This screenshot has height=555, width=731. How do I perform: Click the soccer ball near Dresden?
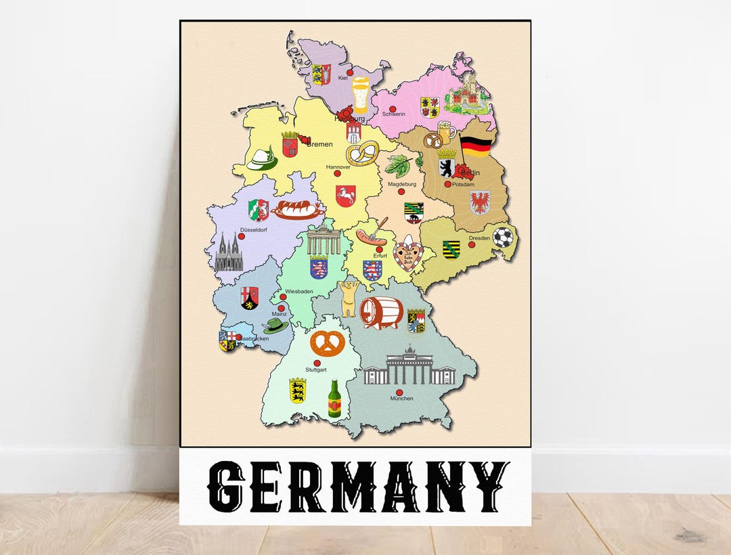(x=503, y=237)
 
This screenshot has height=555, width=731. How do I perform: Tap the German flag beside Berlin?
(x=475, y=146)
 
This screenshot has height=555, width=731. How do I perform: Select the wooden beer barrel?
(x=381, y=313)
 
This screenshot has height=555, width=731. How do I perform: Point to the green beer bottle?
(x=334, y=399)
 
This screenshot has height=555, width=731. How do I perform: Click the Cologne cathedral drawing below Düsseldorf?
(x=228, y=252)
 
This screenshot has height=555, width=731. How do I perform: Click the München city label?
(x=401, y=399)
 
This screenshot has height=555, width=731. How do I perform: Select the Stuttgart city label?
(x=316, y=370)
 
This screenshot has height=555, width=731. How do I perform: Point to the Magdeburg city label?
(x=401, y=184)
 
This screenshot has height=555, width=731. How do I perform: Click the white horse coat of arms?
(x=345, y=196)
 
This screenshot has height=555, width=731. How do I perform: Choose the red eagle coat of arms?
(x=480, y=202)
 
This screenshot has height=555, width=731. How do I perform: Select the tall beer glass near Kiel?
(x=360, y=95)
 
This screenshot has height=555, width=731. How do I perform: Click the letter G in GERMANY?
(x=226, y=488)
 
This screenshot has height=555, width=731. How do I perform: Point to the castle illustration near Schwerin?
(x=467, y=93)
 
